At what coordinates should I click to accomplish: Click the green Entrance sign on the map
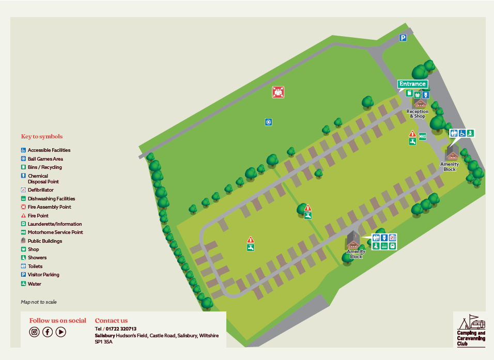412,84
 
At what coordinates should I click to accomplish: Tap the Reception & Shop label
417,114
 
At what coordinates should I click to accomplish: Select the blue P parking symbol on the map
403,38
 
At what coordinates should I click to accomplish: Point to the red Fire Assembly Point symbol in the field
279,92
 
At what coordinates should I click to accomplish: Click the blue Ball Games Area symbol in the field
268,122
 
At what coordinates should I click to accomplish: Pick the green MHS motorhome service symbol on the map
422,136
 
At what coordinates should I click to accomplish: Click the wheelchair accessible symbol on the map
461,133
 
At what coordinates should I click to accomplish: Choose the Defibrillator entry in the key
40,190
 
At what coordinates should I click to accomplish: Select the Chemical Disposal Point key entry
43,179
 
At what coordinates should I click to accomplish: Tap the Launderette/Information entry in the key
54,224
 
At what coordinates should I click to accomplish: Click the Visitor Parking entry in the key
43,275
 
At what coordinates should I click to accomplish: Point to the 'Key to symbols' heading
42,137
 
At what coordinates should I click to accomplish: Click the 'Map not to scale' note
39,302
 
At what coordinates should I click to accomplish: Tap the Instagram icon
35,332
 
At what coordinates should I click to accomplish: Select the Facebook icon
48,332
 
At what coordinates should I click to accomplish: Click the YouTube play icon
61,332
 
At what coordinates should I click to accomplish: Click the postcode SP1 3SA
104,342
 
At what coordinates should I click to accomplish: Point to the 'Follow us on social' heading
58,321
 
